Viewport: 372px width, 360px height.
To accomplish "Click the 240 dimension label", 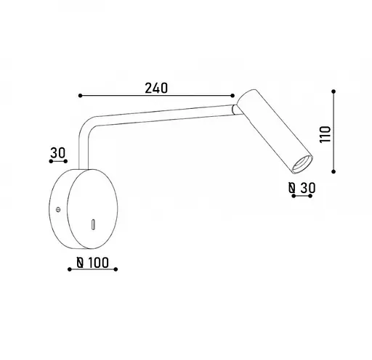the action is (156, 88).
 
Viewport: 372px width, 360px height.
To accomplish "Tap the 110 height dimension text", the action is (325, 134).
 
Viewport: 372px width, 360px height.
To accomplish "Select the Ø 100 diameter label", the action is (92, 263).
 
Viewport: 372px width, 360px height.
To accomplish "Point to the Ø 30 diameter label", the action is (302, 188).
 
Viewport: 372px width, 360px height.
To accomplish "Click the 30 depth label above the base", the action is (58, 153).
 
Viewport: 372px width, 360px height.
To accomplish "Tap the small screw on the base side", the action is (58, 210).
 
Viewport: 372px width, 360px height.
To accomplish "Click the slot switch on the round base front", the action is (93, 224).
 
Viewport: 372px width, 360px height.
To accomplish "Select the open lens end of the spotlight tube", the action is (302, 164).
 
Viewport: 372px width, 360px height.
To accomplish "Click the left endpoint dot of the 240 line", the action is (81, 96).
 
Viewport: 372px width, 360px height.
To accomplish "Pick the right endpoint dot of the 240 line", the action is (232, 96).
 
